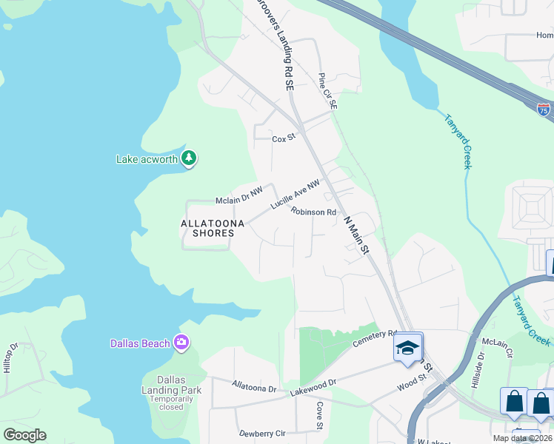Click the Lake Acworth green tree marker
click(x=189, y=158)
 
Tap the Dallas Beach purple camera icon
click(x=181, y=342)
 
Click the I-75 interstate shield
click(x=544, y=110)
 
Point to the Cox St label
click(x=284, y=138)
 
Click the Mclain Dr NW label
click(x=238, y=195)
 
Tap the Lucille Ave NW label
click(x=295, y=195)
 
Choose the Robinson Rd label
click(x=313, y=212)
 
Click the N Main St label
click(x=356, y=234)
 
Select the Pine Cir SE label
click(x=327, y=92)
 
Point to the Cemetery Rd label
click(x=376, y=337)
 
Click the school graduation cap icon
click(x=407, y=348)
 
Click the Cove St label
click(x=320, y=416)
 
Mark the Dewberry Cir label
click(x=261, y=433)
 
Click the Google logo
click(x=24, y=435)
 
